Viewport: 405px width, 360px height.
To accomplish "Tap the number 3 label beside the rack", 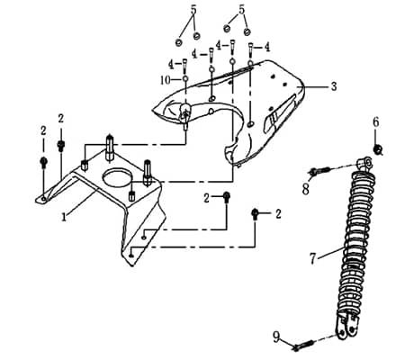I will [333, 87].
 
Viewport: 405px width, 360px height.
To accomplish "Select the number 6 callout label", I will [376, 121].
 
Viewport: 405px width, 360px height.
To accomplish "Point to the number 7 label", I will [312, 258].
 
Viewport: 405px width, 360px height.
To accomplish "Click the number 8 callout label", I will [305, 189].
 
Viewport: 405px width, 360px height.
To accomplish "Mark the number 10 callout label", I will [165, 80].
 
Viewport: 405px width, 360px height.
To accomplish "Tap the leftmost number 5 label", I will [192, 11].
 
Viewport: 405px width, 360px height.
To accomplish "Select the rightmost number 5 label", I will [241, 11].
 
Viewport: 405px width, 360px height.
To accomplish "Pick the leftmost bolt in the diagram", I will [43, 163].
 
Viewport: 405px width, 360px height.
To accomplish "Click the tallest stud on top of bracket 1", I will [110, 143].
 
